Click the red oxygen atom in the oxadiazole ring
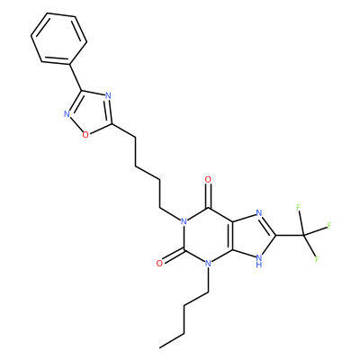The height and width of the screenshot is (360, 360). (x=85, y=135)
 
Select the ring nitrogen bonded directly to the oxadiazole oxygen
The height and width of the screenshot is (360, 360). (x=67, y=114)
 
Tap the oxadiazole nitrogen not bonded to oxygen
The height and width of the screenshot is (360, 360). (x=108, y=95)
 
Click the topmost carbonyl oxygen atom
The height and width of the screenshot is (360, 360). (x=208, y=180)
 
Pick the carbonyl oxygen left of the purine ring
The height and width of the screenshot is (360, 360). (x=160, y=264)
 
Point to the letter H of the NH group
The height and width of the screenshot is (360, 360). (x=259, y=265)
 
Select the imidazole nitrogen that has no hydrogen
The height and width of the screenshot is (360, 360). (x=259, y=213)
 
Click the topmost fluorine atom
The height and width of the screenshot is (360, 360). (x=299, y=207)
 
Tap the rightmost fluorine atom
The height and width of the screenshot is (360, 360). (x=328, y=226)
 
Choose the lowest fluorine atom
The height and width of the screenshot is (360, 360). (x=317, y=259)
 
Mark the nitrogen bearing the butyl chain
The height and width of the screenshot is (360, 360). (x=208, y=264)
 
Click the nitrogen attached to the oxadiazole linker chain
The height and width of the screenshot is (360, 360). (x=184, y=221)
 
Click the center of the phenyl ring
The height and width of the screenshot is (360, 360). (x=58, y=38)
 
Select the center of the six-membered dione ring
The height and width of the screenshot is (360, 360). (x=208, y=236)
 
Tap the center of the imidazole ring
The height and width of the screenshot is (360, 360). (x=252, y=236)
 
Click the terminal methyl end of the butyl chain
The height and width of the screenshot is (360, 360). (x=160, y=347)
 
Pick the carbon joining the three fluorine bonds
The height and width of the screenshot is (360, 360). (x=303, y=235)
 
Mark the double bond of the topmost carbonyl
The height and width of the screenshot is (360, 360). (x=208, y=196)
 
